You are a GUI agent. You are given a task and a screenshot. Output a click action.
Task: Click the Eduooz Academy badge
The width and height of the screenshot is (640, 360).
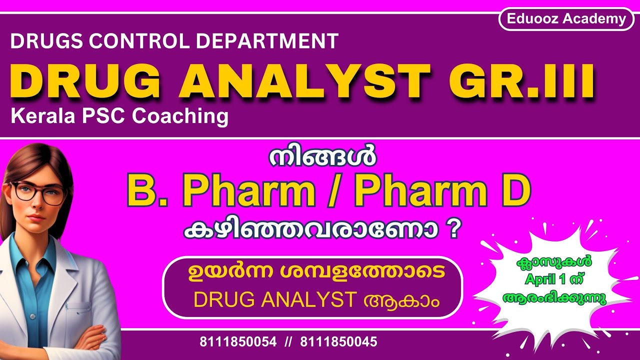[566, 19]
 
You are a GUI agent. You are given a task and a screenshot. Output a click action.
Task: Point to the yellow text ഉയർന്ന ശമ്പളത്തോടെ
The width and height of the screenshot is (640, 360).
[313, 274]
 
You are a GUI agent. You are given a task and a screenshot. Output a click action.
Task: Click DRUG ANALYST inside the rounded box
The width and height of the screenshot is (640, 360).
[274, 300]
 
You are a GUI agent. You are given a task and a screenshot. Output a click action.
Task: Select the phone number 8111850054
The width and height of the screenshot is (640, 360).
[238, 342]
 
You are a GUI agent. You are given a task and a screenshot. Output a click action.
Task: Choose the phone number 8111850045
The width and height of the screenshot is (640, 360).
[339, 342]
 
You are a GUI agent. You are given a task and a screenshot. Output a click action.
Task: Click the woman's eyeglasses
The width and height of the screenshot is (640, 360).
[39, 192]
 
